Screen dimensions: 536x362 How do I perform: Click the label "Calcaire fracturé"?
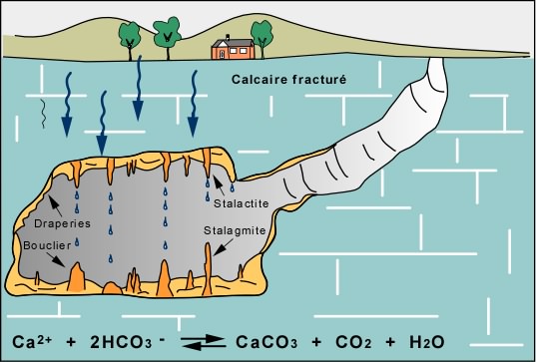click(288, 80)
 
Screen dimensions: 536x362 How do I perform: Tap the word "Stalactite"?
click(241, 203)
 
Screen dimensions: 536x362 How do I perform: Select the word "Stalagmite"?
click(235, 230)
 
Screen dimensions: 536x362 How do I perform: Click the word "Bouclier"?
click(47, 245)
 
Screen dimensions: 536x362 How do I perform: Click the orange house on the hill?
click(234, 48)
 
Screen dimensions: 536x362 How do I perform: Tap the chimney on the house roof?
click(228, 37)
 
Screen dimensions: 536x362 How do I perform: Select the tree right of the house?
click(262, 39)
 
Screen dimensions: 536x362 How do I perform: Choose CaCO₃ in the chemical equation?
click(267, 342)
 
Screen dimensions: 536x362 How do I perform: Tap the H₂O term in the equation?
click(426, 342)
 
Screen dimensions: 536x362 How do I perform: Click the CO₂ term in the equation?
click(353, 342)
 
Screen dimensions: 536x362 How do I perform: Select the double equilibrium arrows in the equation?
click(203, 342)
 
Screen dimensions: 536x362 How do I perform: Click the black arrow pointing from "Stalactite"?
click(220, 186)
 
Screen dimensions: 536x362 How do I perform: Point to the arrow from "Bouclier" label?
click(55, 259)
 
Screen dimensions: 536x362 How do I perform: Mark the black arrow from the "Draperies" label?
click(55, 205)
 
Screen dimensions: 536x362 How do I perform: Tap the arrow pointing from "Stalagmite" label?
click(223, 247)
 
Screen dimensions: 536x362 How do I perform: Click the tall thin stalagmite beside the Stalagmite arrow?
click(208, 269)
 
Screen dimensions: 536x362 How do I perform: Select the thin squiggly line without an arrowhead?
click(42, 114)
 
